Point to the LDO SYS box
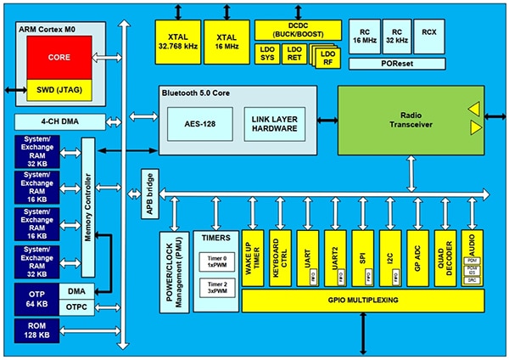(267, 53)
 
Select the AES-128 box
(200, 121)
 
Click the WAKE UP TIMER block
(252, 255)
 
